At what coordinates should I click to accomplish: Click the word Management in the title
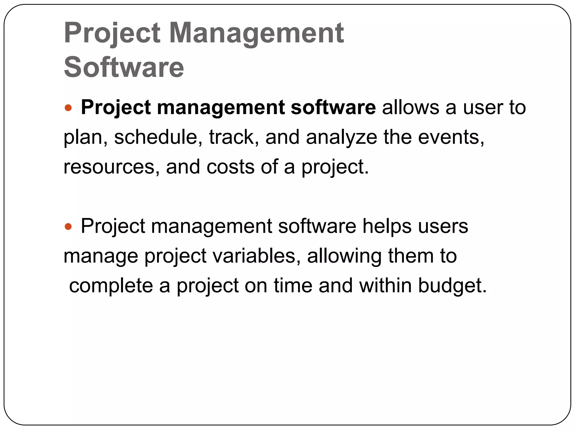[x=256, y=34]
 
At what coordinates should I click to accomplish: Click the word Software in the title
[x=124, y=67]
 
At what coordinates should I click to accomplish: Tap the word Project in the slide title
[x=112, y=34]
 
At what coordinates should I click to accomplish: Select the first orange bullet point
[x=68, y=107]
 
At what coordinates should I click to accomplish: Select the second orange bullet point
[x=68, y=226]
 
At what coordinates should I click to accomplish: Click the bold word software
[x=333, y=107]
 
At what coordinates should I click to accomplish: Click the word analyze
[x=341, y=137]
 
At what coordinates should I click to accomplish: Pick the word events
[x=451, y=137]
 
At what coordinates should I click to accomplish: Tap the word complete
[x=111, y=286]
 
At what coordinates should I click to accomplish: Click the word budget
[x=452, y=286]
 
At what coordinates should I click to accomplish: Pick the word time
[x=293, y=286]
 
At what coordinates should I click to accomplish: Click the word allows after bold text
[x=410, y=107]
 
